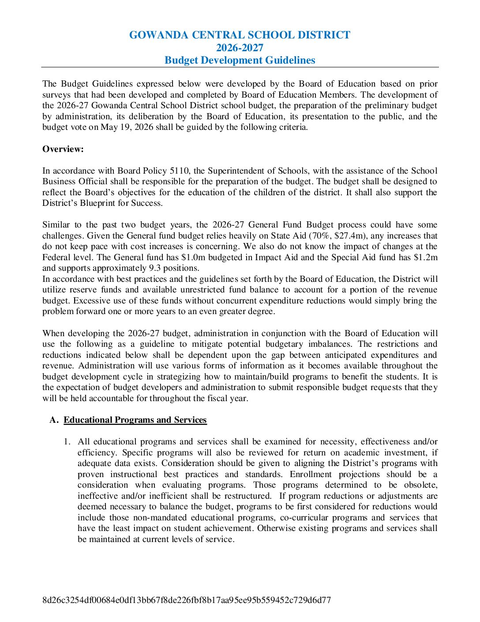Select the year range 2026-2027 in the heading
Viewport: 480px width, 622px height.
click(240, 48)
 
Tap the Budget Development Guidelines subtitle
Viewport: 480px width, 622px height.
click(240, 60)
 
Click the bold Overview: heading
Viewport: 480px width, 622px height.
click(63, 149)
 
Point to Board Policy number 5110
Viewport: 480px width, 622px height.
click(180, 171)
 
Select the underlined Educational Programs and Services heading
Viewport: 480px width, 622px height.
click(135, 420)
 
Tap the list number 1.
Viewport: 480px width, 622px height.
click(67, 442)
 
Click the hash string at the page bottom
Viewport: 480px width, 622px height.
click(187, 600)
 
